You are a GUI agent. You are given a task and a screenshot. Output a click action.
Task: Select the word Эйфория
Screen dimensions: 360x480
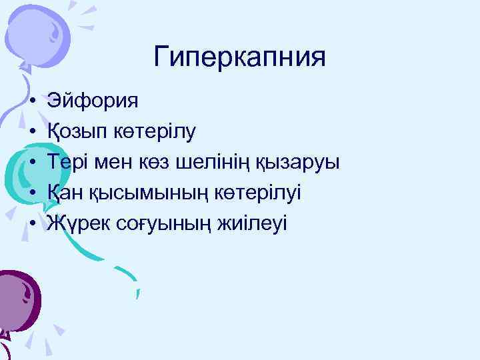(92, 101)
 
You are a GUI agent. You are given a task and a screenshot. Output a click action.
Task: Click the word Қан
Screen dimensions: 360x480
(67, 193)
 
